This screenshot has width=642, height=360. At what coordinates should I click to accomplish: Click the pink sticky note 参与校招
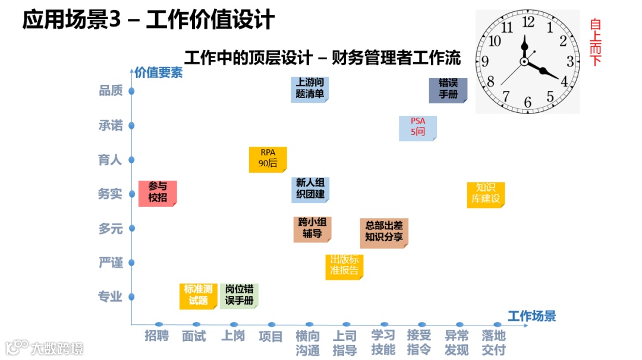pos(158,193)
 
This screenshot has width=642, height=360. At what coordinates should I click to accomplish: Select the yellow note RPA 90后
pos(267,159)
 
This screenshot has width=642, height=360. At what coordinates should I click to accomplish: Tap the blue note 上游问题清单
pos(310,89)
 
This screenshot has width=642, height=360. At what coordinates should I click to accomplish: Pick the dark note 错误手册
pos(448,89)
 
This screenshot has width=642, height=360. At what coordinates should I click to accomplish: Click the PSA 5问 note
pos(417,128)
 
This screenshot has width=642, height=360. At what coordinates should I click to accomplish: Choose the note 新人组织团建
pos(310,188)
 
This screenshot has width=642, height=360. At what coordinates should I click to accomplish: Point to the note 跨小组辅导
pos(312,229)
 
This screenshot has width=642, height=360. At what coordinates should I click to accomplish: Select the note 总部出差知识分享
pos(383,232)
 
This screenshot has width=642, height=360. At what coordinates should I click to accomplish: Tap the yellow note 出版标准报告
pos(344,266)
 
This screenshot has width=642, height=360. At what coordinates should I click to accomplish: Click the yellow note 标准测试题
pos(198,295)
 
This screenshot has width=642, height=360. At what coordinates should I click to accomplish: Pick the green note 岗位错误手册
pos(239,295)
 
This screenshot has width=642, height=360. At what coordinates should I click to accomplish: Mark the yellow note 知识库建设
pos(486,194)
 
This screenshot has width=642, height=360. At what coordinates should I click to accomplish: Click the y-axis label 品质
pos(111,91)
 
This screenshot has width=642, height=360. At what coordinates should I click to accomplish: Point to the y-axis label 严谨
pos(111,263)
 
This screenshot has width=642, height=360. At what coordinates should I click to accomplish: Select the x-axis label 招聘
pos(157,336)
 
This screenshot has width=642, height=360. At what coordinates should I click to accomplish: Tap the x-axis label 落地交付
pos(494,343)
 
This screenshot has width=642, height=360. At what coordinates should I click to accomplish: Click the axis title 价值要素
pos(158,73)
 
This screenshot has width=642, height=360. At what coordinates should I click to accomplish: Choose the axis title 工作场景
pos(531,316)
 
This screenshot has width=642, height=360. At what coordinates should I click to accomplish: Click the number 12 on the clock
pos(528,23)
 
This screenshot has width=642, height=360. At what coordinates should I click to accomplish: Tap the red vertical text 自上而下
pos(596,42)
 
